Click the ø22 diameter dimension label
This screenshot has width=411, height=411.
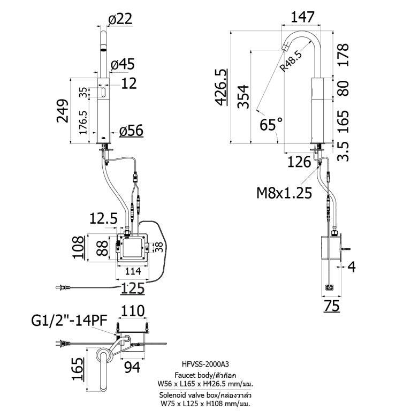120,19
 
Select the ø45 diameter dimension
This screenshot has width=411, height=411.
122,65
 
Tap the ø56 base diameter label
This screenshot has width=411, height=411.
131,131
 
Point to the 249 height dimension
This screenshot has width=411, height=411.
63,111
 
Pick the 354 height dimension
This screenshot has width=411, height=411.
242,97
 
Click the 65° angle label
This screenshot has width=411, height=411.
271,125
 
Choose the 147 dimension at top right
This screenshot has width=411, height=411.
302,17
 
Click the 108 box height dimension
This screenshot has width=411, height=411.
78,248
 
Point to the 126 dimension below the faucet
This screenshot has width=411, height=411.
299,161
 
